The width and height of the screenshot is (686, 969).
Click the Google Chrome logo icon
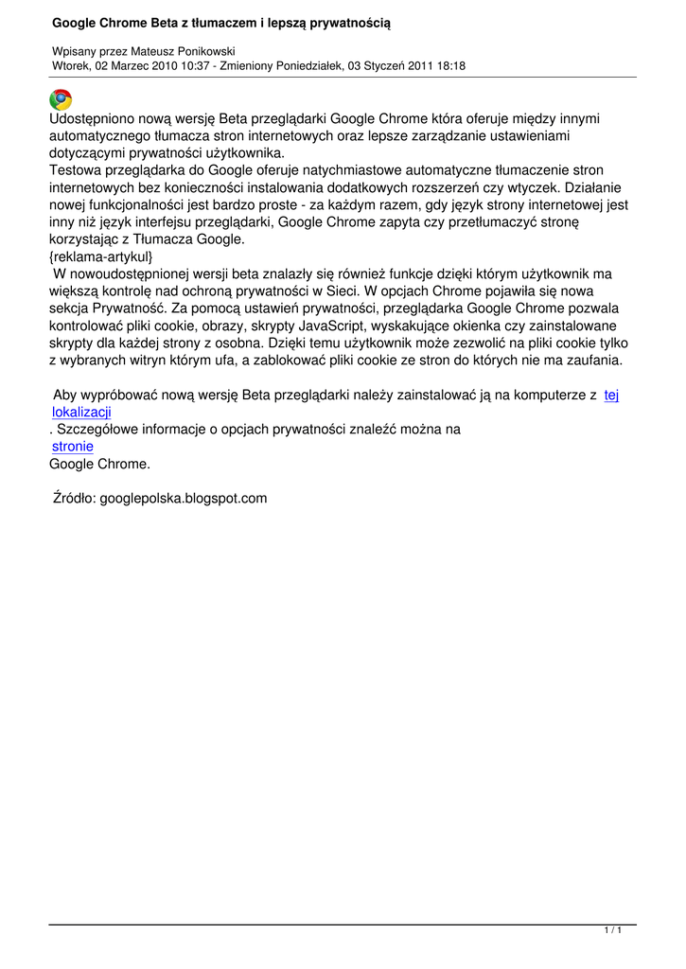61,99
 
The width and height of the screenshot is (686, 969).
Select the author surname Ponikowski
202,51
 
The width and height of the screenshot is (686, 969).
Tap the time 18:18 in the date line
449,65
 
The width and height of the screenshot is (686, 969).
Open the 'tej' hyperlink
611,395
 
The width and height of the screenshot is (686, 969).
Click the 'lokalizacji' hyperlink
81,412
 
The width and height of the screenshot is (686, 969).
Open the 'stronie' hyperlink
73,447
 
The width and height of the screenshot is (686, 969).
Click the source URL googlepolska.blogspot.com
184,498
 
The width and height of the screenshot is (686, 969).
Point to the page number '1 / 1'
613,931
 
